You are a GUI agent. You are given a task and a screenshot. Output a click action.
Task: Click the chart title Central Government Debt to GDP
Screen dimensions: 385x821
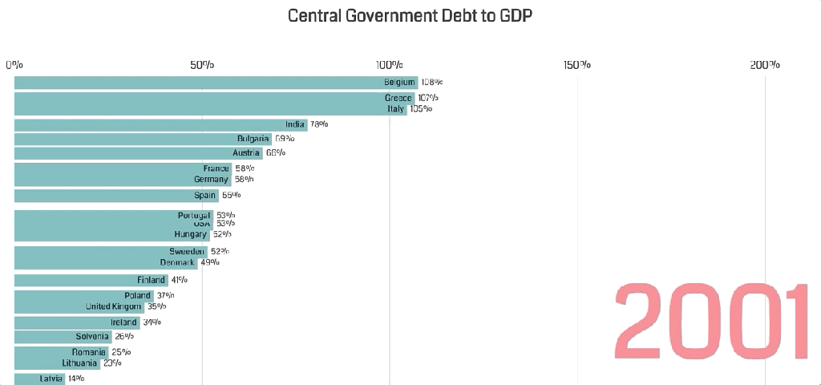410,15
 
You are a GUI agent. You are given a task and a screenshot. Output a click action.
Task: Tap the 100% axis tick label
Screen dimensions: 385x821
390,64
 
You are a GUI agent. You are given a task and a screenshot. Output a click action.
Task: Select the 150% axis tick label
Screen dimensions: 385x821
577,64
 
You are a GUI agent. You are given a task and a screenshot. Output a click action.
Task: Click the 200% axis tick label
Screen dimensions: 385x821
765,64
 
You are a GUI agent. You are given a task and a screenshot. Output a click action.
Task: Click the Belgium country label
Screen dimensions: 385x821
399,82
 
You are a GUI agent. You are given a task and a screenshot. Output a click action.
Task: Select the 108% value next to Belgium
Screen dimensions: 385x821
431,82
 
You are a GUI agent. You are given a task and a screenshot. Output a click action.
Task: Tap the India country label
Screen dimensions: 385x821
295,124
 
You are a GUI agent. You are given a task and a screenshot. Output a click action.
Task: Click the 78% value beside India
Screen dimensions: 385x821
318,124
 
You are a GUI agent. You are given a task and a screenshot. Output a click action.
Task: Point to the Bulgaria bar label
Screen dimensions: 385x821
253,139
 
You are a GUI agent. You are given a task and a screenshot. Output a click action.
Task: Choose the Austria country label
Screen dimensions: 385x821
246,152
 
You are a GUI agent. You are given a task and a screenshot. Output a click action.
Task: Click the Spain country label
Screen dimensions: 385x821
205,195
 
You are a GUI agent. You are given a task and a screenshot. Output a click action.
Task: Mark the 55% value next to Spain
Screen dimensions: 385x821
231,195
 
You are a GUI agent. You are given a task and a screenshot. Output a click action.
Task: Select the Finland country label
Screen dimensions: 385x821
152,280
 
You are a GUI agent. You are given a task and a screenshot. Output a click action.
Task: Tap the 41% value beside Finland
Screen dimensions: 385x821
179,280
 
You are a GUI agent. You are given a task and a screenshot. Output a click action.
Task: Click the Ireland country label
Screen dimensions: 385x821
123,322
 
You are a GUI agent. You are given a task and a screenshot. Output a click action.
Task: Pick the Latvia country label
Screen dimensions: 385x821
51,379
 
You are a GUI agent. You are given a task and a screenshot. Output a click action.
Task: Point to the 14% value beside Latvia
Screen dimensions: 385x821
75,379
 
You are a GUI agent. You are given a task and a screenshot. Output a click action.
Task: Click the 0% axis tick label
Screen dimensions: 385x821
14,64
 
